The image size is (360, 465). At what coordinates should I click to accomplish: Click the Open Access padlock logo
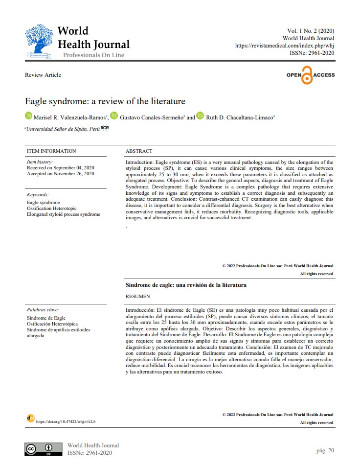pos(311,75)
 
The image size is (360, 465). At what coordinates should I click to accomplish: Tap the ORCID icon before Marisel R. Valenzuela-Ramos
pos(28,117)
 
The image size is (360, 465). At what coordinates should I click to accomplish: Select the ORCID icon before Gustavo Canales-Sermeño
pos(114,117)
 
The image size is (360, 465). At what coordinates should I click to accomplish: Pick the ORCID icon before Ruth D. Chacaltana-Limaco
pos(200,117)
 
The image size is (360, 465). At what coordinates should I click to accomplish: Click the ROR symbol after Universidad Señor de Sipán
pos(104,128)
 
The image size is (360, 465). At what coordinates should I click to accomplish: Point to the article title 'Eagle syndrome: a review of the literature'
pos(105,101)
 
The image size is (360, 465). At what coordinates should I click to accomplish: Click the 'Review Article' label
pos(43,75)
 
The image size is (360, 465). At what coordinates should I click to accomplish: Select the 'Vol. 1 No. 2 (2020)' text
pos(311,30)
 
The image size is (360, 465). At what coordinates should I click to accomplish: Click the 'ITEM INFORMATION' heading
pos(51,151)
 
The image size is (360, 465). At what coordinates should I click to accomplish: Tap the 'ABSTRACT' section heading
pos(139,151)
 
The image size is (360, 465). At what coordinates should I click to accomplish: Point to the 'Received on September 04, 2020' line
pos(60,167)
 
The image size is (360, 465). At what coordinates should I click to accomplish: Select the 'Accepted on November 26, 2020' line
pos(60,173)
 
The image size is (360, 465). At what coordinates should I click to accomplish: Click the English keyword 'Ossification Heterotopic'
pos(52,208)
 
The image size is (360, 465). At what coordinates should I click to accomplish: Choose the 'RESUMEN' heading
pos(138,296)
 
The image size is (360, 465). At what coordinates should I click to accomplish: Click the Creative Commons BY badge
pos(44,449)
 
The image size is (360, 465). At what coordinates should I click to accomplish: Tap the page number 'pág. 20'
pos(325,450)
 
